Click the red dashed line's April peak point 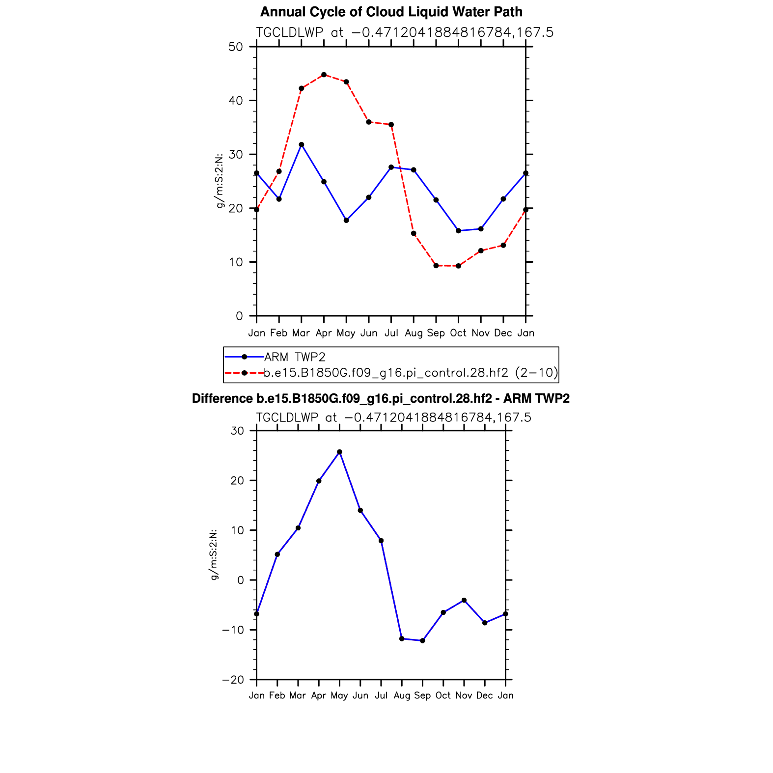[x=324, y=75]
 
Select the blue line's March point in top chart [x=301, y=144]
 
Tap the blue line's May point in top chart [x=346, y=221]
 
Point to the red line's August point [x=414, y=233]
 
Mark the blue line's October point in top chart [x=458, y=231]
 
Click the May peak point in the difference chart [x=339, y=452]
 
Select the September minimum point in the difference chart [x=422, y=640]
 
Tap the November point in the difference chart [x=464, y=600]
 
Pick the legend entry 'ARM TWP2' [x=295, y=357]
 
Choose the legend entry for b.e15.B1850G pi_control [x=411, y=373]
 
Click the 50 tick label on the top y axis [x=236, y=47]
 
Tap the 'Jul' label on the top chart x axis [x=391, y=333]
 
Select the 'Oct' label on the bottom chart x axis [x=443, y=695]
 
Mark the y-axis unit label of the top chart [x=220, y=181]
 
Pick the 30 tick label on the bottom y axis [x=237, y=431]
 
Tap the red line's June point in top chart [x=369, y=122]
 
